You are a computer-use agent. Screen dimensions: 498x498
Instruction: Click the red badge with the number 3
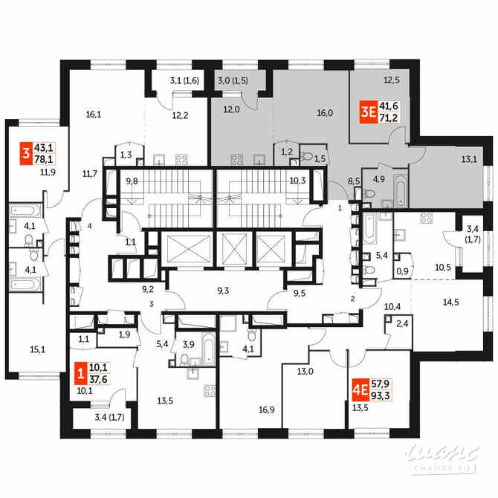click(26, 155)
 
